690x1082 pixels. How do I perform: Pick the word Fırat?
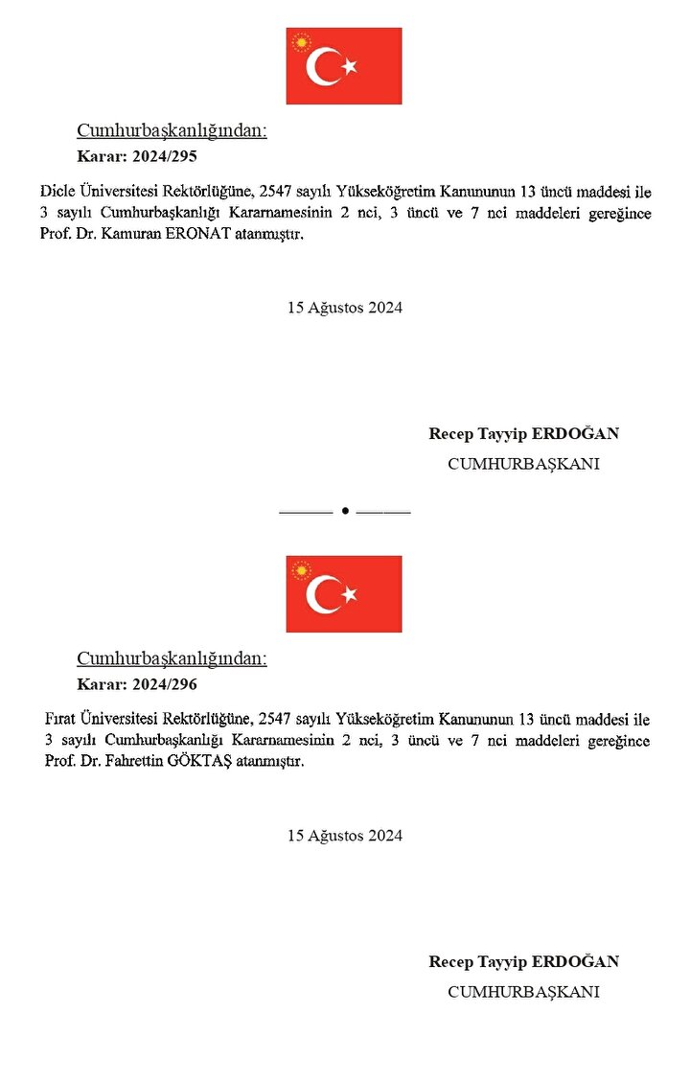pos(60,719)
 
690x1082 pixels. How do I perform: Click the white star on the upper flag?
pos(350,66)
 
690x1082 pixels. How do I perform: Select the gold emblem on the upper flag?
pos(302,43)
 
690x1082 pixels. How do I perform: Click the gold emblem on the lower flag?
pos(302,571)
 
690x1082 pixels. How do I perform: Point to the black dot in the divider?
pos(344,512)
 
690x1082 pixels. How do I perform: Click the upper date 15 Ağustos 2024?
pos(345,308)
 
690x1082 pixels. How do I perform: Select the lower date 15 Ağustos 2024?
pos(345,836)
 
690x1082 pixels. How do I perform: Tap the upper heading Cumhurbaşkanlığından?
pos(172,131)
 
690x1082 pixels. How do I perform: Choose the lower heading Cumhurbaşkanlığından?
pos(172,659)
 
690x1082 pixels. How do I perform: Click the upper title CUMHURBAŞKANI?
pos(523,464)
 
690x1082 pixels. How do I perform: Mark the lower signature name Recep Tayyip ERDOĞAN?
pos(523,961)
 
